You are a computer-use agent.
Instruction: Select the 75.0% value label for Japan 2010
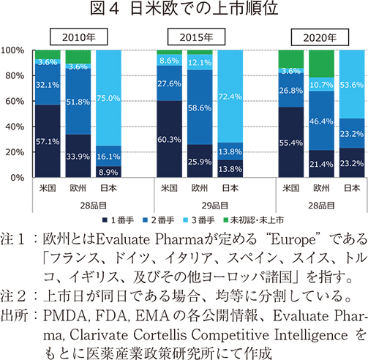pos(110,99)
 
